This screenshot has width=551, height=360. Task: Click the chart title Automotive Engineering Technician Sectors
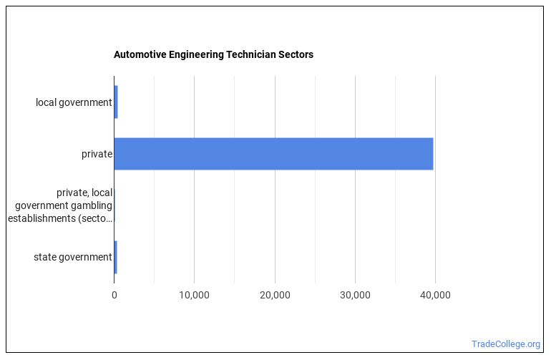213,54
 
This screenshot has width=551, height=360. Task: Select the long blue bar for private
273,153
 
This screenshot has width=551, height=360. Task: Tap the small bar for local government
116,102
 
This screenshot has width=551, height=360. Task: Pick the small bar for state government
115,257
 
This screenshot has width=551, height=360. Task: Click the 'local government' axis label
74,102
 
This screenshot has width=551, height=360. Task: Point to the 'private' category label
97,154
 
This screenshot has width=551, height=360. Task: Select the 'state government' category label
72,257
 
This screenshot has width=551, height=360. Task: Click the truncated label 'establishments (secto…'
60,218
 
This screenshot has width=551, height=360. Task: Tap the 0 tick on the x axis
114,295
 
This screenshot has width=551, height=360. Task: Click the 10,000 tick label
194,295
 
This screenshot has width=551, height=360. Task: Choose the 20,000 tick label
275,295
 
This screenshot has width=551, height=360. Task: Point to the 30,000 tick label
355,295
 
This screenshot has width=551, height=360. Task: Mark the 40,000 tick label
435,295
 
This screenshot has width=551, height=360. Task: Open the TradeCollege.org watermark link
506,344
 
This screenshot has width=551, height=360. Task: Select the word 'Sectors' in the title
296,54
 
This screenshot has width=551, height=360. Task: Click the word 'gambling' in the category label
93,205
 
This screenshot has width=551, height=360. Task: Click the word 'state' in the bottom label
45,257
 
